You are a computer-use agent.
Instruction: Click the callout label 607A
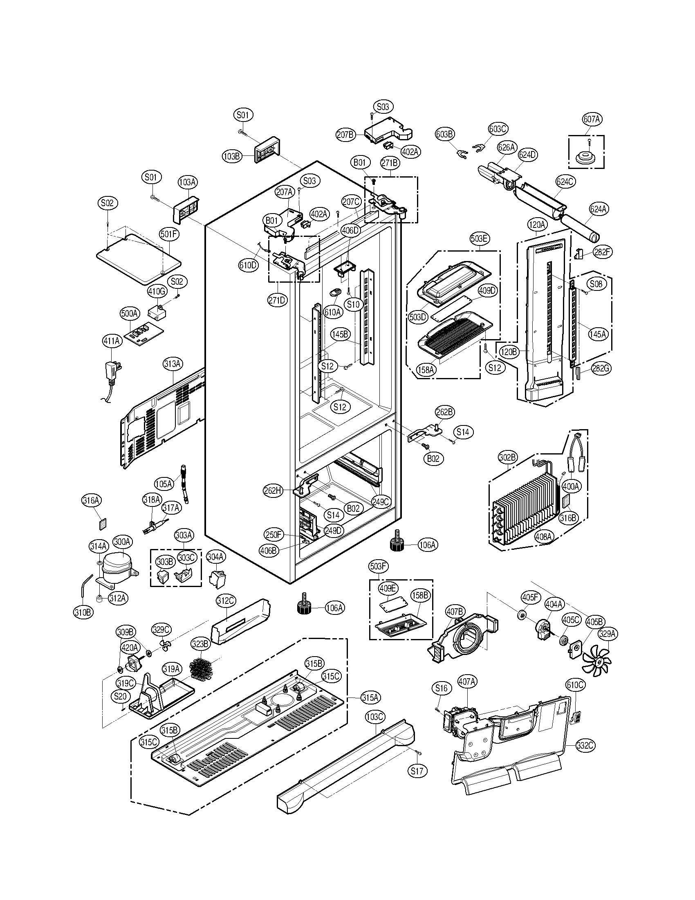tap(592, 119)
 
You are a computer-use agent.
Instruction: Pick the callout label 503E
tap(479, 239)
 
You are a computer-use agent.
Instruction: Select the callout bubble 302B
tap(507, 457)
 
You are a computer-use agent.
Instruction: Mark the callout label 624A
tap(598, 209)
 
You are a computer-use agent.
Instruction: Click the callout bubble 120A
tap(537, 225)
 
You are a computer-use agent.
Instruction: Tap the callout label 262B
tap(445, 412)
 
